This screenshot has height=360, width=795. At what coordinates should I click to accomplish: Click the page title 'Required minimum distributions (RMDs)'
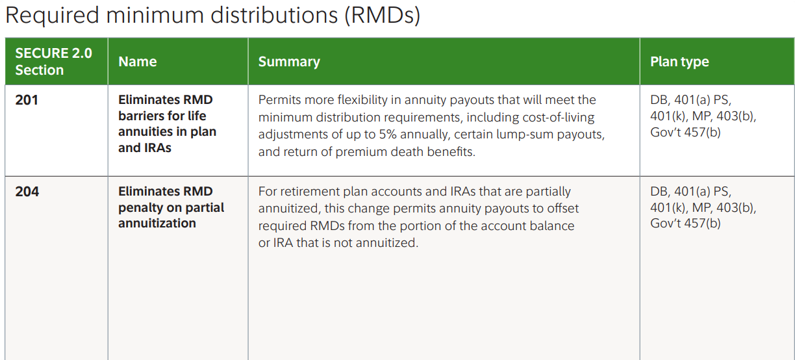(212, 15)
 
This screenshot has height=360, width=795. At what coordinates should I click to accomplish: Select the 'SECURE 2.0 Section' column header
(54, 62)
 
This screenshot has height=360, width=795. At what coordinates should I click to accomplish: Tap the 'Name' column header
(137, 62)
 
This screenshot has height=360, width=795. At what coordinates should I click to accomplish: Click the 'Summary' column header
(289, 62)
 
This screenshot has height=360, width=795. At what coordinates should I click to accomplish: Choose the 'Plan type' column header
(679, 62)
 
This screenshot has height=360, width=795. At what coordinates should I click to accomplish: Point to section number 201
(27, 100)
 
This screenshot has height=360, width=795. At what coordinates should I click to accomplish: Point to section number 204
(27, 192)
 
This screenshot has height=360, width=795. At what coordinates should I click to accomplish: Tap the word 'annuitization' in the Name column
(157, 224)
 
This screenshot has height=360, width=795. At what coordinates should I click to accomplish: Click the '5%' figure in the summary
(388, 135)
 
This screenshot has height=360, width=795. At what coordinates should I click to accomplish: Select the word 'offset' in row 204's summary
(562, 208)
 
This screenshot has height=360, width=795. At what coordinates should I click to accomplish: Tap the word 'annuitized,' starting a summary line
(289, 209)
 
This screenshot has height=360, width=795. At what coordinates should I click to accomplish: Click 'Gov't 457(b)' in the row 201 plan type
(685, 133)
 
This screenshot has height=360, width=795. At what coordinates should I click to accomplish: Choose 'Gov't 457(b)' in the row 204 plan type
(685, 224)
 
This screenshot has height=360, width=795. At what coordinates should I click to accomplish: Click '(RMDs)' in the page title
(383, 16)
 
